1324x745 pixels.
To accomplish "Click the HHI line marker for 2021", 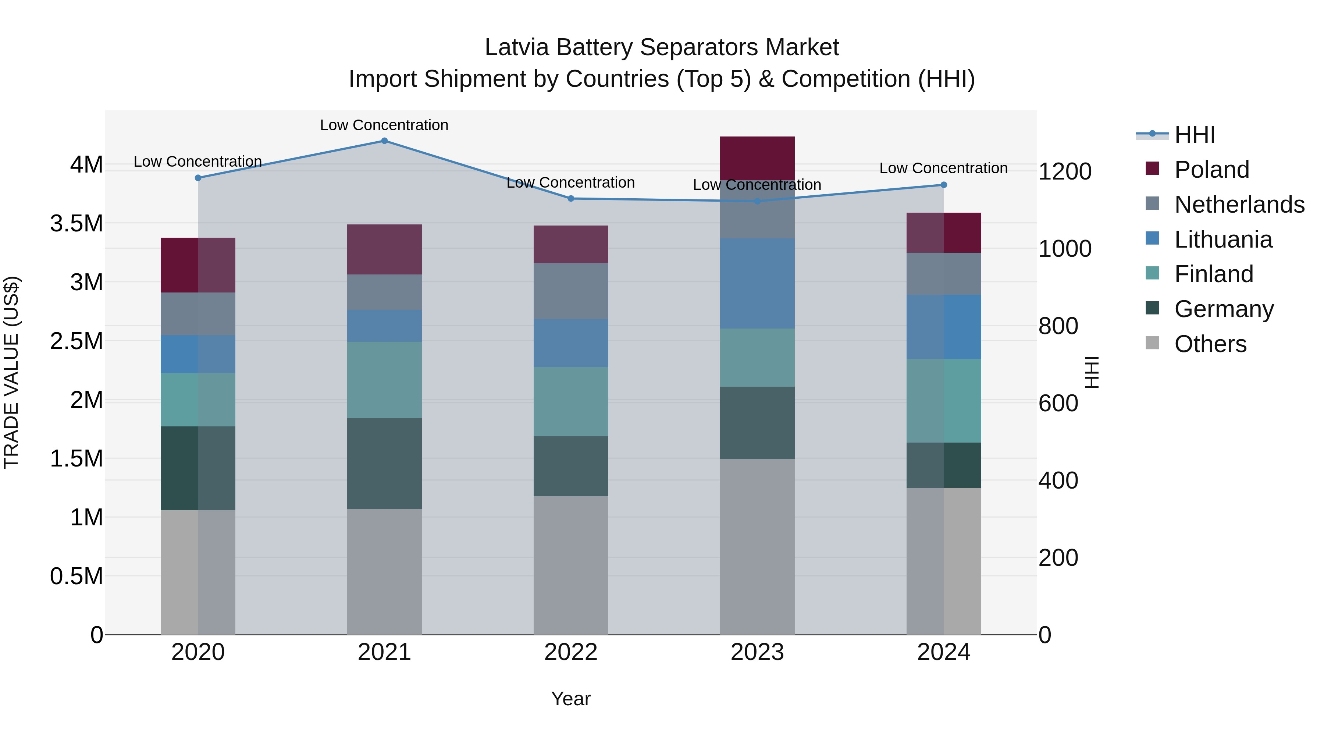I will coord(384,141).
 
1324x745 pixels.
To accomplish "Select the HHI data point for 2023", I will coord(757,201).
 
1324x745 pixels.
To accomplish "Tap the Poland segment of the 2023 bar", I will coord(757,158).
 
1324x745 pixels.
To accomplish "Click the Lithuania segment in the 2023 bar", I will coord(757,283).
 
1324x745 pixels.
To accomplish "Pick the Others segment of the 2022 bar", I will coord(570,565).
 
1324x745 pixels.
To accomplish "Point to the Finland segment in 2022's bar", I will coord(570,401).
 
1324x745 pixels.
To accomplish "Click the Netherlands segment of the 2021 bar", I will coord(384,292).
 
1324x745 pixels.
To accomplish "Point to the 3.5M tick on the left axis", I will coord(76,224).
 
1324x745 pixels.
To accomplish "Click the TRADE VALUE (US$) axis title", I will coord(11,372).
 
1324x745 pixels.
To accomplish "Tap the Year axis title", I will coord(570,699).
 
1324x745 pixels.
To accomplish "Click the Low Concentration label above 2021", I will coord(384,125).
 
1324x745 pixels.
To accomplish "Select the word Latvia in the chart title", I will coord(517,47).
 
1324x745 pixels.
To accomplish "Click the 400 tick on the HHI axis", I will coord(1058,481).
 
